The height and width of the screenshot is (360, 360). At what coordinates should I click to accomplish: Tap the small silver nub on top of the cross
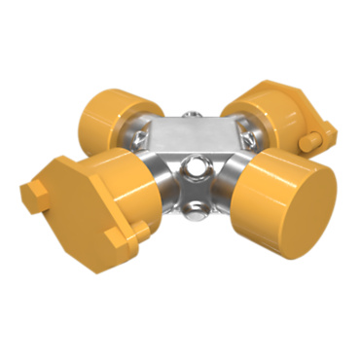(x=195, y=115)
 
